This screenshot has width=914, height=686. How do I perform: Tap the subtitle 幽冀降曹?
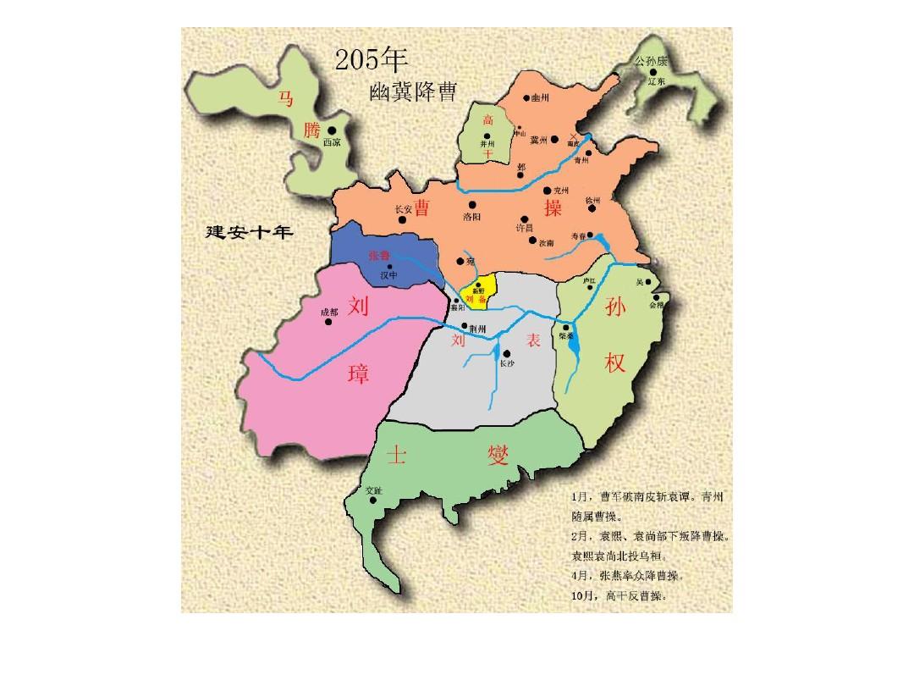413,92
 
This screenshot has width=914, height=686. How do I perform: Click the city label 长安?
406,210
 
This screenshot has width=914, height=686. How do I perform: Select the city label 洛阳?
472,216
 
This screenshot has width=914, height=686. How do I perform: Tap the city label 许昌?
525,228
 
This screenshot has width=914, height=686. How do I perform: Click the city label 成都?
328,313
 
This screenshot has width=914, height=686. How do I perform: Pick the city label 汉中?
388,275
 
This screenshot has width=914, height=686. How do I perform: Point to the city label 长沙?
506,363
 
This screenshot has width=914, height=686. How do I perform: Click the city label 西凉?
332,144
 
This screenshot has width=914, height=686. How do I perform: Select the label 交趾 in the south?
373,490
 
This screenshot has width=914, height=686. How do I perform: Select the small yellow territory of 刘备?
480,290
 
